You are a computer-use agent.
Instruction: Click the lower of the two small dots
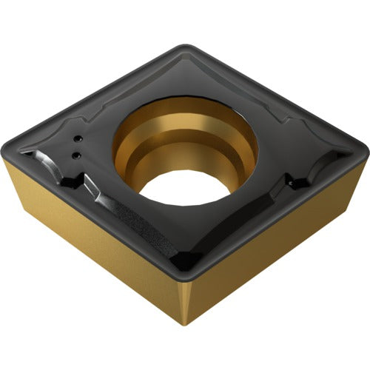(75, 154)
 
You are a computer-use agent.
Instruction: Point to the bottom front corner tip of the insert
(186, 323)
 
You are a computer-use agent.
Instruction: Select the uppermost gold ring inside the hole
(185, 111)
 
